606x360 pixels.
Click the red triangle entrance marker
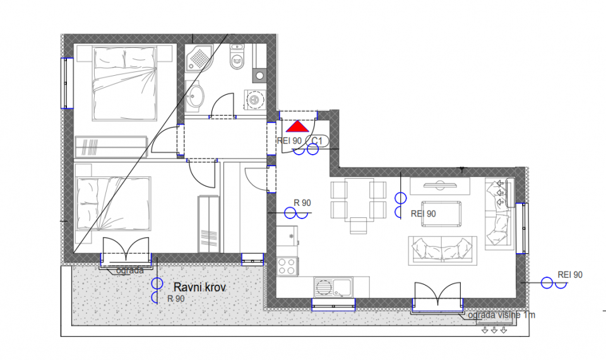297,126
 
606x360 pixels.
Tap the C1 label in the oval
317,141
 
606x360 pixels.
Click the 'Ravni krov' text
199,287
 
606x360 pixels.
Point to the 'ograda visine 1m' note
501,315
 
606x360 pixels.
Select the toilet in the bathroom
237,57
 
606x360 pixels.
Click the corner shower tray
199,58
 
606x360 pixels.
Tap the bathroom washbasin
196,97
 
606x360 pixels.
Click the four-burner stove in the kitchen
287,267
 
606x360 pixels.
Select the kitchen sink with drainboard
333,287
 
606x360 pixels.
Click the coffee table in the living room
441,213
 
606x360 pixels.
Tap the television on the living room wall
440,185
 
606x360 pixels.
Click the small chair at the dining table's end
359,226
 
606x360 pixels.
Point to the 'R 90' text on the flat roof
176,299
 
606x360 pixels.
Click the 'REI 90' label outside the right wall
570,275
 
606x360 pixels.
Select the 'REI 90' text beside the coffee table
424,214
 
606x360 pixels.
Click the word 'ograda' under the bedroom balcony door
130,271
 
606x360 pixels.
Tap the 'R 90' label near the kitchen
302,203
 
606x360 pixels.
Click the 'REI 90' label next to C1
289,141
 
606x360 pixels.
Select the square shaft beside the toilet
259,76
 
